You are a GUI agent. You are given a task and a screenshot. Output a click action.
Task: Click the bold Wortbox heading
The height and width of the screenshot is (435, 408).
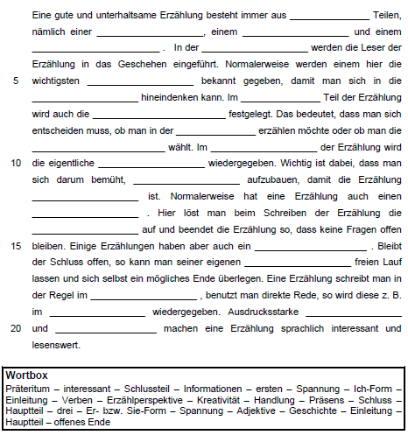click(26, 374)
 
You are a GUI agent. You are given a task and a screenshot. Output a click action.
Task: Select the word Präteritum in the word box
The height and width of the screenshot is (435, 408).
click(26, 386)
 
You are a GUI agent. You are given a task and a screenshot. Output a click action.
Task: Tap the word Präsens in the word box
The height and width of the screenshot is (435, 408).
click(326, 398)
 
